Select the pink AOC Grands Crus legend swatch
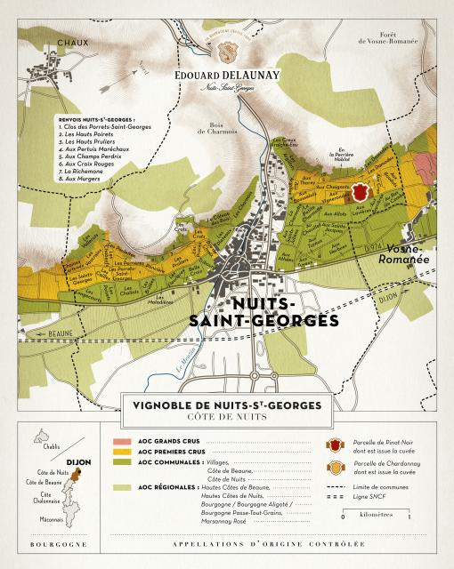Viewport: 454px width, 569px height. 121,440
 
